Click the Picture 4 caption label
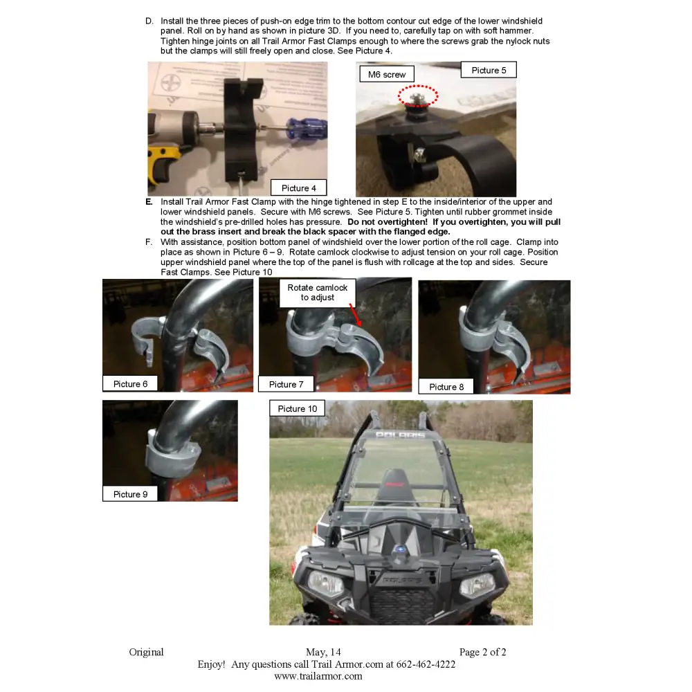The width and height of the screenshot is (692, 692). (299, 188)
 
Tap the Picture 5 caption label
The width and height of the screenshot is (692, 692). (489, 70)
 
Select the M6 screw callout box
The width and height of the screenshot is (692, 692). (387, 74)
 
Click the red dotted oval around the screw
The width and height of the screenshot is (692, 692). (418, 97)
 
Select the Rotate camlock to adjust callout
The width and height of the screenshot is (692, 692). (318, 292)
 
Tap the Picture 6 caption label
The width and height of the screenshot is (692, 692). (131, 384)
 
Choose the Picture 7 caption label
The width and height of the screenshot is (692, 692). (286, 384)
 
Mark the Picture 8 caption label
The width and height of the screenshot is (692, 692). (447, 387)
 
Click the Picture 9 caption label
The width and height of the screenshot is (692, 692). (131, 494)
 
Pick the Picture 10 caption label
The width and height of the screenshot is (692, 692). (298, 409)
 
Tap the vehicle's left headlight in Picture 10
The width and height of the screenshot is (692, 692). (325, 583)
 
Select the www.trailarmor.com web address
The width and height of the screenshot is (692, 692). (318, 676)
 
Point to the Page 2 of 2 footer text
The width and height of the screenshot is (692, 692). (482, 652)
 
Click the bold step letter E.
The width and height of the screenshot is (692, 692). (149, 202)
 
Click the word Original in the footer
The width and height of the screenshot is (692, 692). (147, 652)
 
